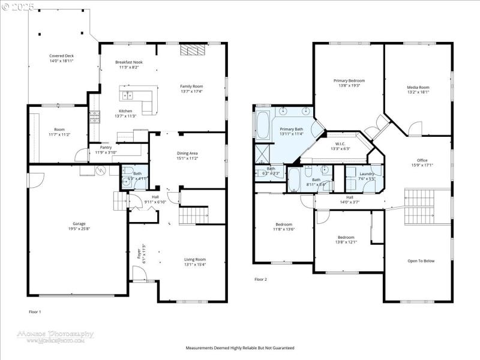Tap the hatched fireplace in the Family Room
pyautogui.click(x=192, y=50)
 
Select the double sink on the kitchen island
pyautogui.click(x=127, y=95)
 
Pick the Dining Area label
pyautogui.click(x=187, y=153)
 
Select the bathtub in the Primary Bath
pyautogui.click(x=263, y=124)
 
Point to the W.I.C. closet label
pyautogui.click(x=340, y=143)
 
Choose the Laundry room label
pyautogui.click(x=367, y=174)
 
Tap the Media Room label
pyautogui.click(x=418, y=88)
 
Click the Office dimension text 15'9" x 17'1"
pyautogui.click(x=422, y=165)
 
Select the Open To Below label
pyautogui.click(x=421, y=260)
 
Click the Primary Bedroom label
pyautogui.click(x=349, y=80)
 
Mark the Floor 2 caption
pyautogui.click(x=260, y=280)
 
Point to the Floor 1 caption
pyautogui.click(x=35, y=312)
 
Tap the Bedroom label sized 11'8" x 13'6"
pyautogui.click(x=284, y=224)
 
